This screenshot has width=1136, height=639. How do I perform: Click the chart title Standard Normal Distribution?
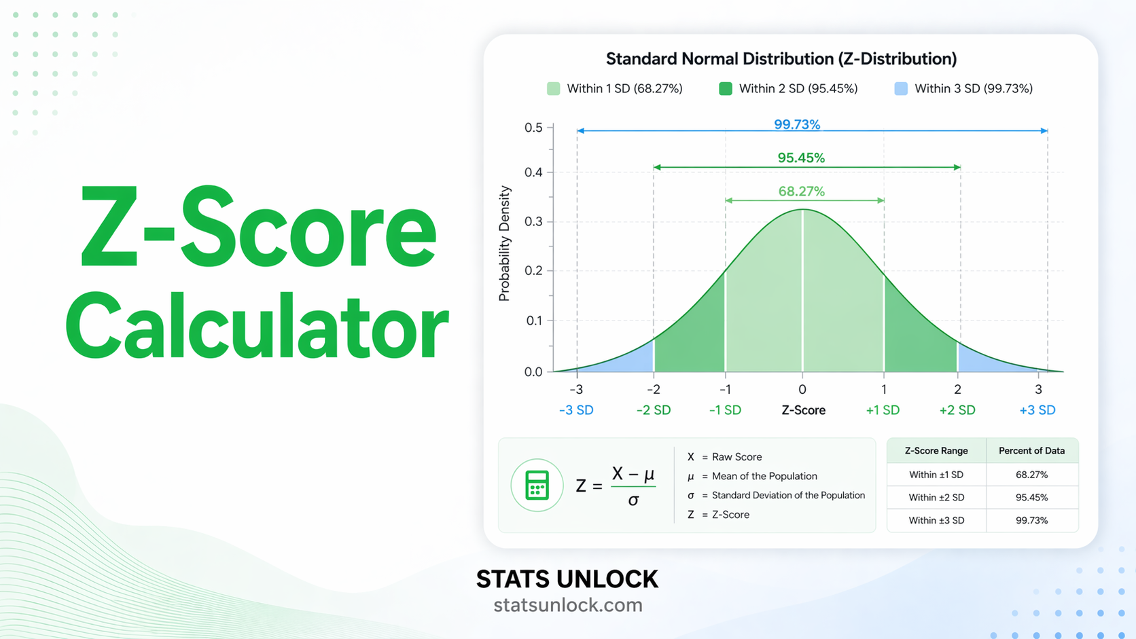click(781, 59)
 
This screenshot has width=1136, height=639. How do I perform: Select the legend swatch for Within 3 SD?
click(901, 89)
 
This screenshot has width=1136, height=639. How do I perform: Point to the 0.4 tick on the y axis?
click(533, 172)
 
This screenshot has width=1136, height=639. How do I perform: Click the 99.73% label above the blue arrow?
click(796, 124)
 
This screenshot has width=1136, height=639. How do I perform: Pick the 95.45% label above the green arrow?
click(801, 158)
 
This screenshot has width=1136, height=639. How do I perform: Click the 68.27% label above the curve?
click(801, 191)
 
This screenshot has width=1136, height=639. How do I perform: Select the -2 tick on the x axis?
click(653, 389)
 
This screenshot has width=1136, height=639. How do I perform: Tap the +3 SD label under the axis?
click(1037, 410)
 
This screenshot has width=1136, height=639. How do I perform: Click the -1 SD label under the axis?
click(725, 410)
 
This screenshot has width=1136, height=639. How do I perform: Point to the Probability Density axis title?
click(504, 244)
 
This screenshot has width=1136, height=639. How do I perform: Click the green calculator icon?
click(537, 486)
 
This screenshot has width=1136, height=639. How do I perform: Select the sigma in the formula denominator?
click(633, 501)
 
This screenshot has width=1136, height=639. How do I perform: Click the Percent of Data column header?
click(1031, 451)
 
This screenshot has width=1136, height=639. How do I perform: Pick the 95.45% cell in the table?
click(1031, 498)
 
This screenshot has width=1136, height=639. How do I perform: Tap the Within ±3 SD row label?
click(936, 521)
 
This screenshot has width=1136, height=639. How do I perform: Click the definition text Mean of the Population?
click(764, 476)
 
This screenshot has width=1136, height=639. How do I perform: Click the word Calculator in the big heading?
click(257, 327)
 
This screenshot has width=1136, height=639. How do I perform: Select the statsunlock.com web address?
click(567, 605)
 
